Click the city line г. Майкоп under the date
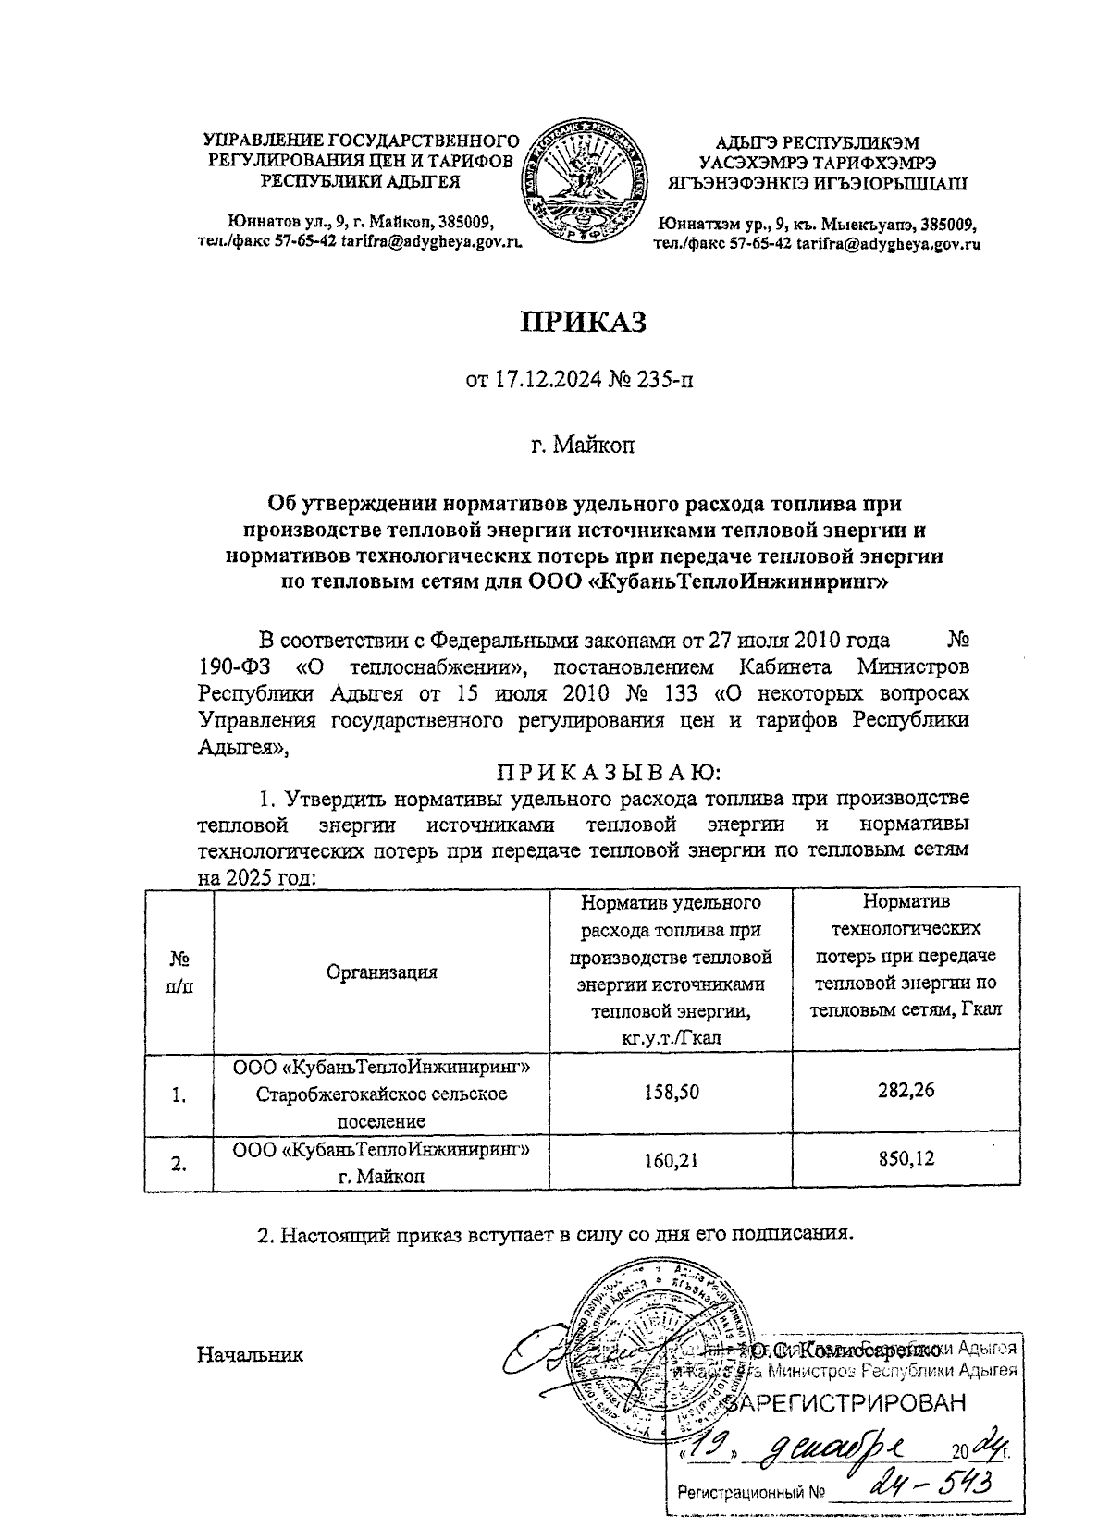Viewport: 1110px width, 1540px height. point(582,446)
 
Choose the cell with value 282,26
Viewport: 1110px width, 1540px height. point(906,1090)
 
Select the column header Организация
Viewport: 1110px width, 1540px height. point(381,972)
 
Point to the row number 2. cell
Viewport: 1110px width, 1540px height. point(179,1164)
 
